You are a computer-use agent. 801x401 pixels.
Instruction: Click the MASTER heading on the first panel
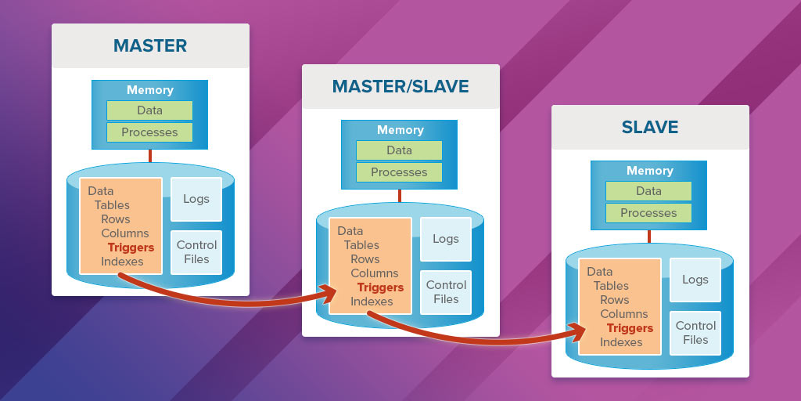click(x=150, y=45)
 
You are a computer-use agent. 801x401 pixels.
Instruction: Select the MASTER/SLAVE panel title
click(x=400, y=86)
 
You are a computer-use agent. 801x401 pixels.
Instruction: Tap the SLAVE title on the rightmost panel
click(x=649, y=127)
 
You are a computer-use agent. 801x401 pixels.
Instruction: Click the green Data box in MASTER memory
click(x=149, y=110)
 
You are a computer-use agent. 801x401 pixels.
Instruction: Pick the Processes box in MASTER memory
click(x=149, y=132)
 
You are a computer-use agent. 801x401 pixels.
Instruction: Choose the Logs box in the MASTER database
click(x=196, y=199)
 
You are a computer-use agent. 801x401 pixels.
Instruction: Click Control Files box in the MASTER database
click(x=196, y=252)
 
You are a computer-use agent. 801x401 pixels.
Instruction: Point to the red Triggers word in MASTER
click(x=131, y=247)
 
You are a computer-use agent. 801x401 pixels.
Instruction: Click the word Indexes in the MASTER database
click(x=122, y=262)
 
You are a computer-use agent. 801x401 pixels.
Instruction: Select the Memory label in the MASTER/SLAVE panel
click(x=400, y=130)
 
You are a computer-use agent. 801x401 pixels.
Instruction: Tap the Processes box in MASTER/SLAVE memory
click(x=399, y=172)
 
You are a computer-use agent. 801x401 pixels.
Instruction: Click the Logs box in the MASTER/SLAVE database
click(x=445, y=239)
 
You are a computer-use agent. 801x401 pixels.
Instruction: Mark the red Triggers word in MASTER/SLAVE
click(x=380, y=287)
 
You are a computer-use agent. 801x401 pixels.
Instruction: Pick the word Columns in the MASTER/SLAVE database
click(x=374, y=273)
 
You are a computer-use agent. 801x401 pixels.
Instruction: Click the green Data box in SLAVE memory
click(x=648, y=191)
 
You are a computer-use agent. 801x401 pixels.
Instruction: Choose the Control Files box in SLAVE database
click(x=695, y=333)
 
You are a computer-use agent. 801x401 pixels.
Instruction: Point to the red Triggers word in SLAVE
click(x=630, y=328)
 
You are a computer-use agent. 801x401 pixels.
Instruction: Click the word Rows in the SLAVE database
click(x=615, y=300)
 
